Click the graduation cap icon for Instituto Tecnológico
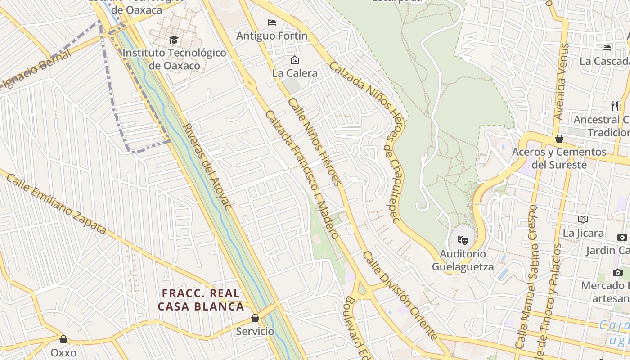pyautogui.click(x=174, y=40)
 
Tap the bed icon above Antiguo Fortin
pyautogui.click(x=272, y=22)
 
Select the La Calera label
pyautogui.click(x=295, y=73)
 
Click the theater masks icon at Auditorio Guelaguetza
pyautogui.click(x=463, y=240)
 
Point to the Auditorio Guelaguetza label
pyautogui.click(x=463, y=260)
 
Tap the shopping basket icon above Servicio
pyautogui.click(x=255, y=318)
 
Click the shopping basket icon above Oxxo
pyautogui.click(x=63, y=339)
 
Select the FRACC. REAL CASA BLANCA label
pyautogui.click(x=201, y=300)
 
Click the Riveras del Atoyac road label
pyautogui.click(x=208, y=166)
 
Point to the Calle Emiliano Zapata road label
pyautogui.click(x=57, y=205)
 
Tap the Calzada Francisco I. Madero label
pyautogui.click(x=302, y=175)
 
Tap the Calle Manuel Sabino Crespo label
pyautogui.click(x=527, y=277)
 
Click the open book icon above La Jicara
pyautogui.click(x=583, y=219)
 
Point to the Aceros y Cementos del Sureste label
pyautogui.click(x=559, y=158)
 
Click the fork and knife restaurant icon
pyautogui.click(x=615, y=106)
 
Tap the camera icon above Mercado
pyautogui.click(x=618, y=272)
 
